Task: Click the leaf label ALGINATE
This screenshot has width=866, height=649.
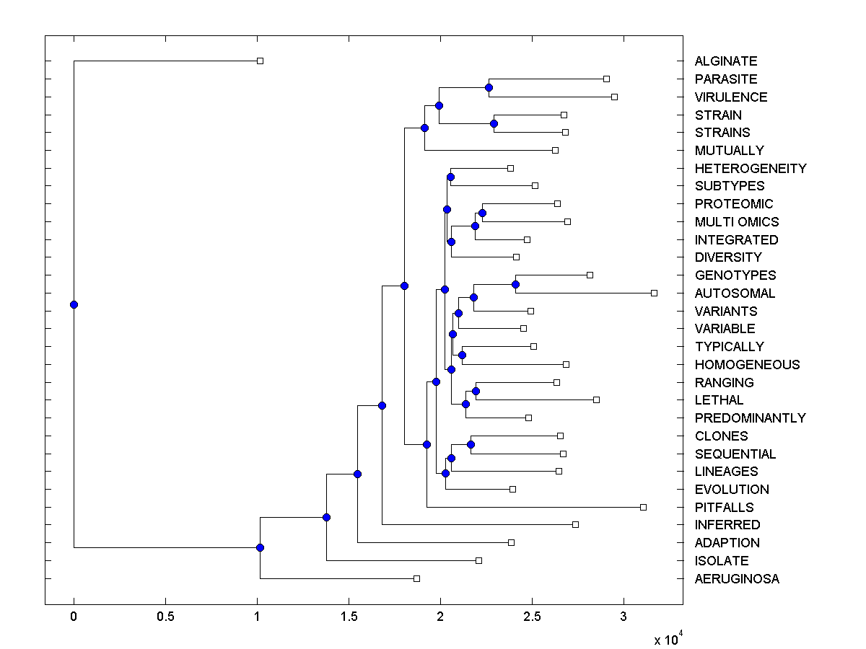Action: [x=725, y=61]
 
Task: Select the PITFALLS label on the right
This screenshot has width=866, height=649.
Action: [x=724, y=507]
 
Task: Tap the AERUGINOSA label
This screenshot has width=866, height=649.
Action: [x=737, y=578]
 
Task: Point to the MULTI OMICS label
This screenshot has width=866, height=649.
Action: [x=737, y=221]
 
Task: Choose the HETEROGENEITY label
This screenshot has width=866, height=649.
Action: [x=751, y=168]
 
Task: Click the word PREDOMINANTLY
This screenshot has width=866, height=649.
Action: [x=750, y=418]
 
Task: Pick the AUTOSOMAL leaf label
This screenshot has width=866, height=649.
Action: [x=735, y=293]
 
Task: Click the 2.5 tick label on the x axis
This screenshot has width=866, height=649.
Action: [x=532, y=617]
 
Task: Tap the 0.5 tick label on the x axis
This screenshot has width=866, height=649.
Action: [x=165, y=617]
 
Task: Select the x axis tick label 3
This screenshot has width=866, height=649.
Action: [x=624, y=617]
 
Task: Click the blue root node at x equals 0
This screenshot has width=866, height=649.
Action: [x=74, y=304]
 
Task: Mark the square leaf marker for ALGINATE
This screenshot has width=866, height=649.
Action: [x=261, y=61]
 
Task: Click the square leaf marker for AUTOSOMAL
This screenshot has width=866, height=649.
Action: [x=654, y=293]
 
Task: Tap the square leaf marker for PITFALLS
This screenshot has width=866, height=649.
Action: [x=643, y=507]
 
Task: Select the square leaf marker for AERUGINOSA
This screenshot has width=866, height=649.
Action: [x=416, y=578]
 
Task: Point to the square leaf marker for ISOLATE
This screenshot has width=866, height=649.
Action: [x=478, y=560]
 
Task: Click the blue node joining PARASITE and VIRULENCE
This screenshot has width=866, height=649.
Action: [x=489, y=87]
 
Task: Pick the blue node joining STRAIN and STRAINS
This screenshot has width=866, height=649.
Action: [x=494, y=123]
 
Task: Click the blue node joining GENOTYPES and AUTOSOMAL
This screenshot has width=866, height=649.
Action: [x=515, y=284]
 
